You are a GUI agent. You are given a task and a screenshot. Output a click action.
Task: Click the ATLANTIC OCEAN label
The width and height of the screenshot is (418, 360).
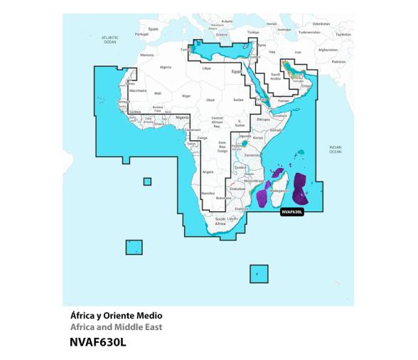tap(109, 39)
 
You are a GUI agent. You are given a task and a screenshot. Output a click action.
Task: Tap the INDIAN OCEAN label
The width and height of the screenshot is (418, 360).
tap(335, 149)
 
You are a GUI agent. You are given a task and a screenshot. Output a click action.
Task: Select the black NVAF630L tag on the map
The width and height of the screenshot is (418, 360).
tap(291, 211)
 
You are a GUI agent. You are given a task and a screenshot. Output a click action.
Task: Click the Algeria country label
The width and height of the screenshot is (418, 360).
tap(166, 67)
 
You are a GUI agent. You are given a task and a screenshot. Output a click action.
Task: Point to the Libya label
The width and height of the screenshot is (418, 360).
tap(207, 68)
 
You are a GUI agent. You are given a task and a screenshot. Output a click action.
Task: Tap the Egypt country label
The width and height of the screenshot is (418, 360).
tap(237, 71)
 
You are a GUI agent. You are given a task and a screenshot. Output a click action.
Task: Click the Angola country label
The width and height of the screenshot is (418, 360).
tap(208, 171)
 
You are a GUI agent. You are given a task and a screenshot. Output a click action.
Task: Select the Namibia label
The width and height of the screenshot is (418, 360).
tap(208, 193)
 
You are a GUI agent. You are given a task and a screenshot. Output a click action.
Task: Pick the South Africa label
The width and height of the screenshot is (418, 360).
tap(220, 221)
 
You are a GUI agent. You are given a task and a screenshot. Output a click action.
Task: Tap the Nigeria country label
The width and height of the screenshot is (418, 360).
tap(183, 117)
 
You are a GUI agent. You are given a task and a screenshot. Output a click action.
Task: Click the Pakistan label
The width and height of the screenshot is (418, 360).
tap(338, 61)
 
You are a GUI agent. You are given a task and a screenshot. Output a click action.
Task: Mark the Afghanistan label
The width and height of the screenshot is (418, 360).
tap(328, 50)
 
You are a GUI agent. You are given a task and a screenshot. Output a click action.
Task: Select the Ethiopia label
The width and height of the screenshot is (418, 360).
tap(263, 120)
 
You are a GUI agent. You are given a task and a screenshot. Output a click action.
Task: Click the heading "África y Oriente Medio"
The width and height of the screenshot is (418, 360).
tap(117, 315)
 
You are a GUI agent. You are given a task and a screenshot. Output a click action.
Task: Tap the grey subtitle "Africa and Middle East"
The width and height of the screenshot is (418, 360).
tap(117, 327)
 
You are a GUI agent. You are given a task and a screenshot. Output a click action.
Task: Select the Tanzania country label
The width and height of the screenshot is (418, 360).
tap(250, 154)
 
